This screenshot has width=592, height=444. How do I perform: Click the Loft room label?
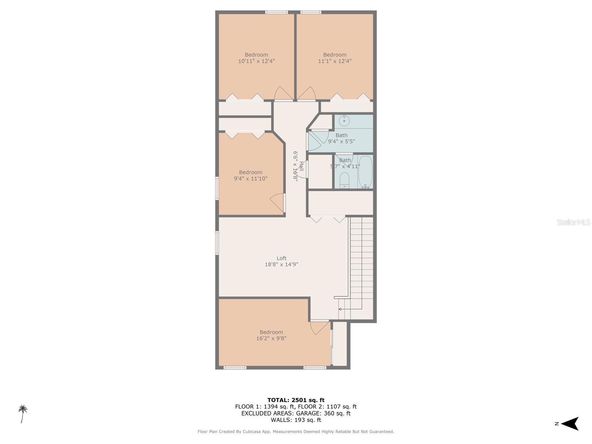coord(282,258)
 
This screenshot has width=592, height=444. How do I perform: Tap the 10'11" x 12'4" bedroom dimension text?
coord(256,61)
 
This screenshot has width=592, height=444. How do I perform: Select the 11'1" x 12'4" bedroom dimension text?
coord(335,61)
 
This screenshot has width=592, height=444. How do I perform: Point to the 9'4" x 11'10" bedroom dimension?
coord(250,179)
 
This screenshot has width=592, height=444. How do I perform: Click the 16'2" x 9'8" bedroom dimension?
coord(271,338)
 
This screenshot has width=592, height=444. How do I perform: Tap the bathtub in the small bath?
coord(365,172)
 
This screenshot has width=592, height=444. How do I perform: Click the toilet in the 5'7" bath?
coord(344,179)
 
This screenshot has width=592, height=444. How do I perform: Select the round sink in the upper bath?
coord(344,120)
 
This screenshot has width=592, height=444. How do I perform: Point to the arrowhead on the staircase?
coord(340,309)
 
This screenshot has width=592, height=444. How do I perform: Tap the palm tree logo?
coord(23,413)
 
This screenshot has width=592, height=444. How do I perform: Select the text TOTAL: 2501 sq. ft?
coord(296,400)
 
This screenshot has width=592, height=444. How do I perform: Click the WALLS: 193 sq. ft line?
coord(296,420)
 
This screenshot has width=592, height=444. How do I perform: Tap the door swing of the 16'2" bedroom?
coord(319,327)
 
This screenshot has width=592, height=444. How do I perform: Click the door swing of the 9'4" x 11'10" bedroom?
coord(277,203)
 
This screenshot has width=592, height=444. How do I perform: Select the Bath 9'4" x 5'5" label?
coord(342,138)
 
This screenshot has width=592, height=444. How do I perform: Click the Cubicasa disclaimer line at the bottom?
coord(296,431)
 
